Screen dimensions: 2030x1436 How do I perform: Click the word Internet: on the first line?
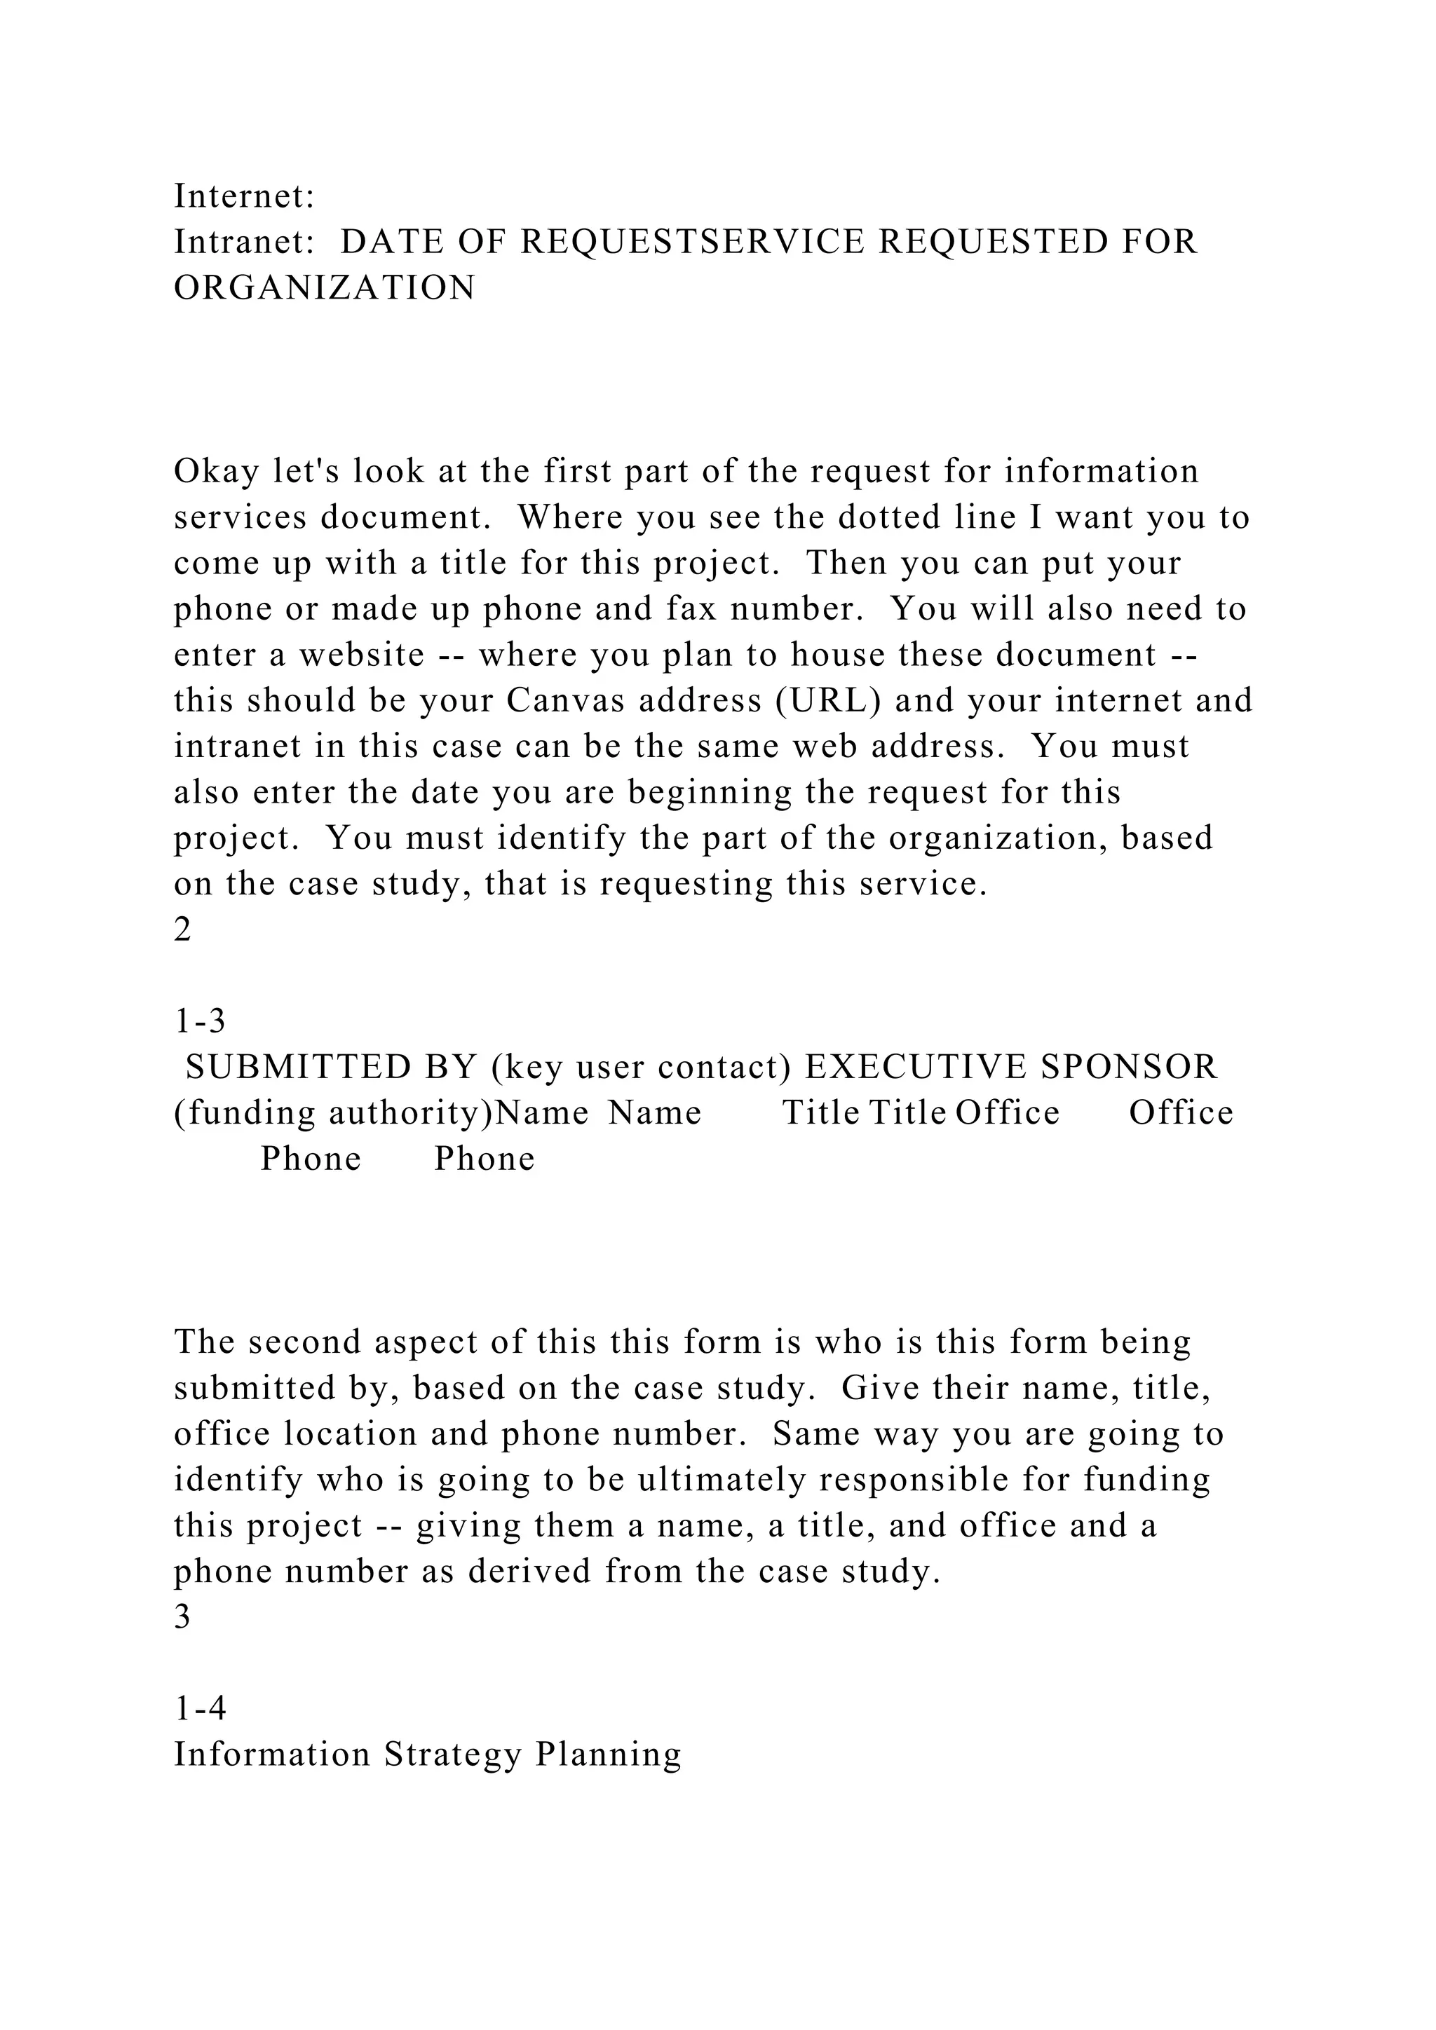(x=244, y=196)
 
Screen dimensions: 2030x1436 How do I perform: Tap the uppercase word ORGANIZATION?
(x=325, y=288)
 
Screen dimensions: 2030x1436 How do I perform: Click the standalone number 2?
(x=182, y=930)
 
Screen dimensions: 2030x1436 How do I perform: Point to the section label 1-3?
(x=200, y=1022)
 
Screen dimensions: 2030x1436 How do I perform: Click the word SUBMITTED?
(x=298, y=1068)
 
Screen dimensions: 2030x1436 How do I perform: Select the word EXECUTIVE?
(x=915, y=1068)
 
